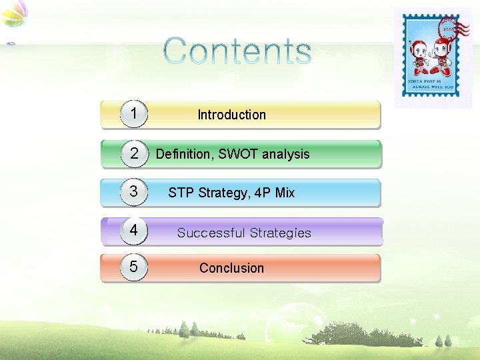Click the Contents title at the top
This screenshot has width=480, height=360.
(237, 51)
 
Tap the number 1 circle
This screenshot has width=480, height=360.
(134, 114)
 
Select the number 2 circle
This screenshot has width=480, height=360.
(134, 153)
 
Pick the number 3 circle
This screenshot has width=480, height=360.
(134, 192)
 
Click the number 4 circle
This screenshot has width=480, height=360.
(134, 231)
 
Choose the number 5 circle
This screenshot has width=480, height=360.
(134, 267)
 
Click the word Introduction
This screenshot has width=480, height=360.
(231, 115)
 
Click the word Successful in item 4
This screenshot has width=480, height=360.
(211, 233)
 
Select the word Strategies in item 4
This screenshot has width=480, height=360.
(281, 233)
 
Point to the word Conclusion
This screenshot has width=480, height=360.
(231, 268)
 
